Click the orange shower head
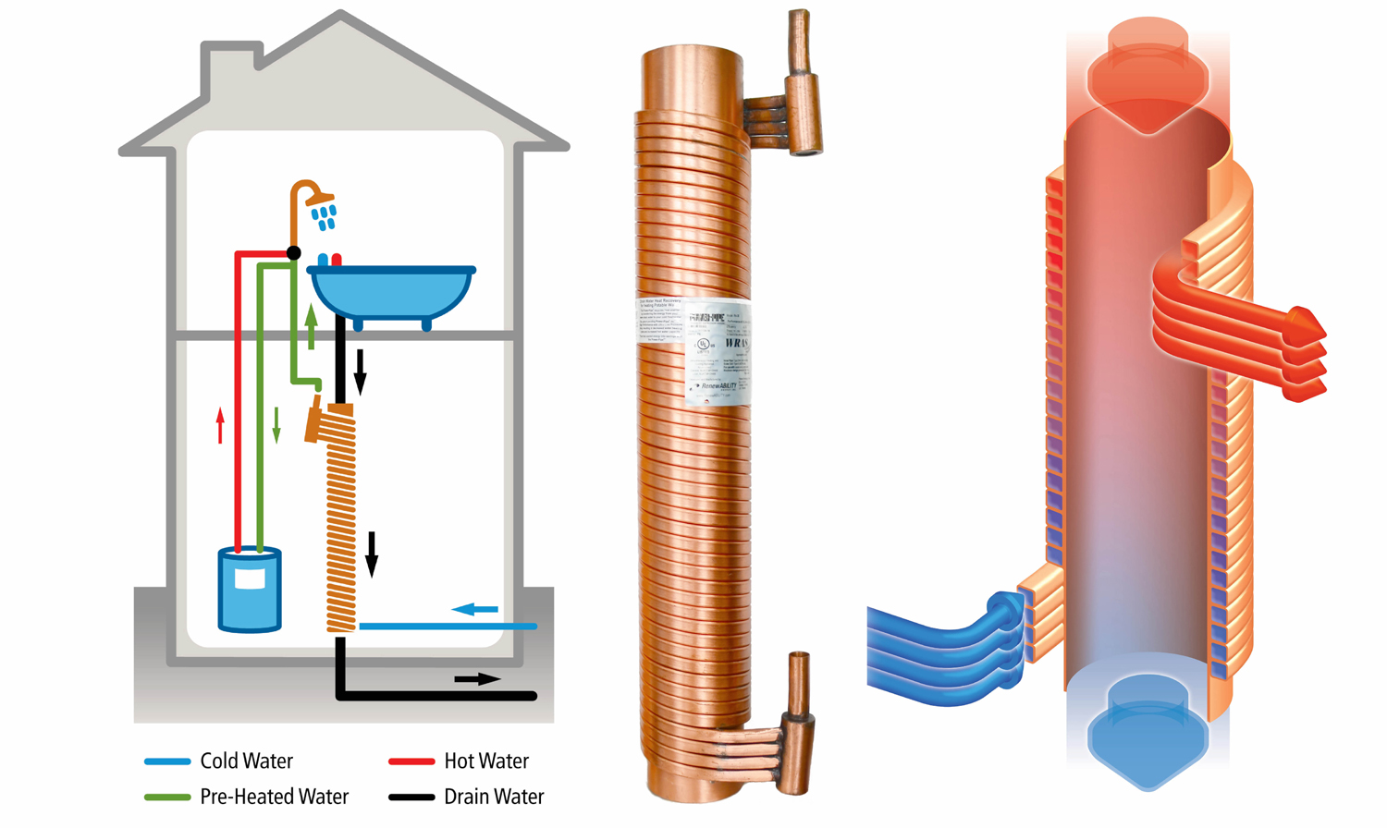point(319,199)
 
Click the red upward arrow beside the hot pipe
point(220,426)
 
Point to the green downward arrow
point(276,424)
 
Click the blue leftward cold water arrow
point(475,609)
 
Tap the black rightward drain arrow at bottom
point(477,679)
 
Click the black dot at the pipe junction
point(294,252)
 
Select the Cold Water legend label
point(246,761)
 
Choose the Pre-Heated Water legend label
point(274,797)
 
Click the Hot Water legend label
point(486,761)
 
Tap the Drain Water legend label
point(494,797)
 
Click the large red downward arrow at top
point(1148,79)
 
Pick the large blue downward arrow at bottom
point(1148,735)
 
